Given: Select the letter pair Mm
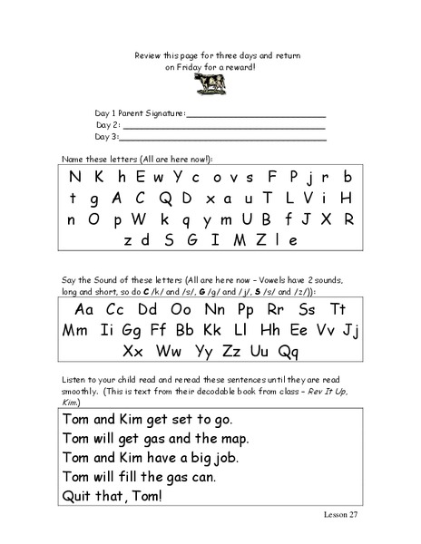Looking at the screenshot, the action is (78, 327).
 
